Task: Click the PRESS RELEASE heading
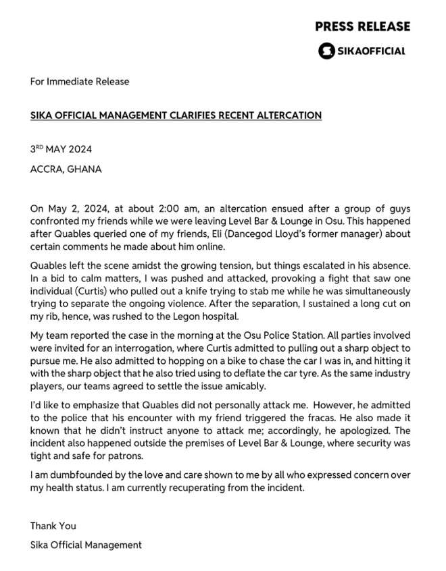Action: pos(362,26)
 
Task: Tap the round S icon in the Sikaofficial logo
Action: pos(326,51)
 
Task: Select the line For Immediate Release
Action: pos(80,82)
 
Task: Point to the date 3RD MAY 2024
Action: pos(61,149)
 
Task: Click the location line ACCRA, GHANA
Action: pos(66,169)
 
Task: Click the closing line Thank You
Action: pos(53,525)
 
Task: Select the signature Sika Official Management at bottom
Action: pos(86,544)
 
